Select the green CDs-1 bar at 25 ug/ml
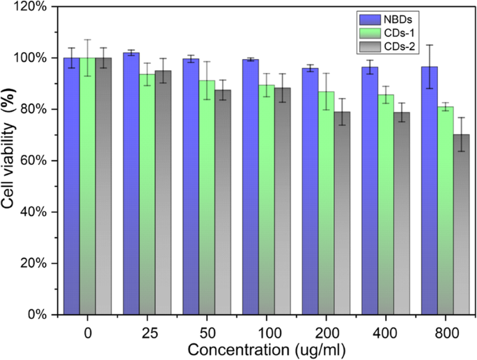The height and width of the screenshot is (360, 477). [147, 195]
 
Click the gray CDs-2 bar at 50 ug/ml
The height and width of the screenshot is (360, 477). [223, 202]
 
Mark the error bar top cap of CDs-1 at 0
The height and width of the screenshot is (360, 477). [87, 40]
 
